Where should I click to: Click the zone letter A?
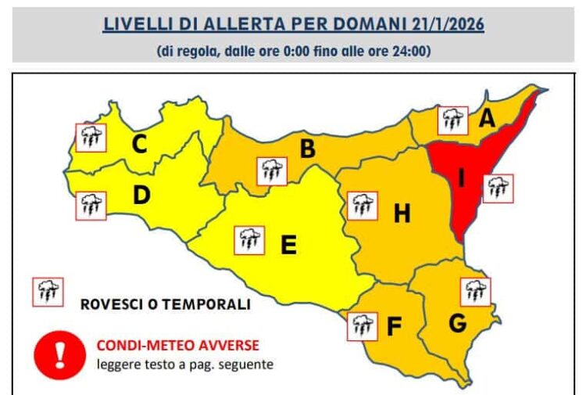pos(488,120)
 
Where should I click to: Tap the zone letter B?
pos(308,149)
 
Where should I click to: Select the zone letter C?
pos(140,145)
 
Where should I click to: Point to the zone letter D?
pos(141,195)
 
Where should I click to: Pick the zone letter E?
pos(288,246)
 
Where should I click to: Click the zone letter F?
pos(395,327)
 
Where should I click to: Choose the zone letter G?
pos(458,321)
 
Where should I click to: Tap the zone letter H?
pos(402,213)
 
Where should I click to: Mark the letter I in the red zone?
pos(462,179)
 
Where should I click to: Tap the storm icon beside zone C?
pos(91,138)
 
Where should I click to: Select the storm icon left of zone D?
pos(91,206)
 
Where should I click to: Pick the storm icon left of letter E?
pos(249,239)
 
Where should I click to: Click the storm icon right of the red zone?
pos(497,188)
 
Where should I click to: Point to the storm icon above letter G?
pos(475,291)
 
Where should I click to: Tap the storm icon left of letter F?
pos(361,325)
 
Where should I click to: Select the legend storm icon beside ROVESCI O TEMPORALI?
pos(46,293)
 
